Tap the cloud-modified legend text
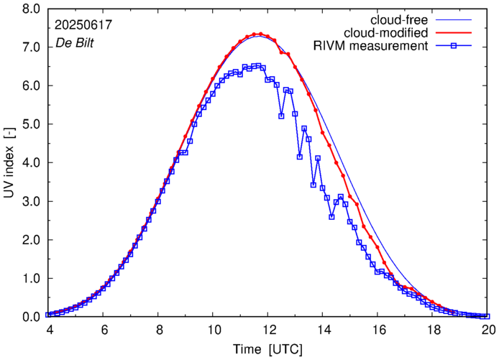387,33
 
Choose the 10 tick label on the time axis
214,329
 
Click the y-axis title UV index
9,162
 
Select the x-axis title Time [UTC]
268,350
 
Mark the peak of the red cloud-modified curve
259,34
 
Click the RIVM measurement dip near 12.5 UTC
281,116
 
